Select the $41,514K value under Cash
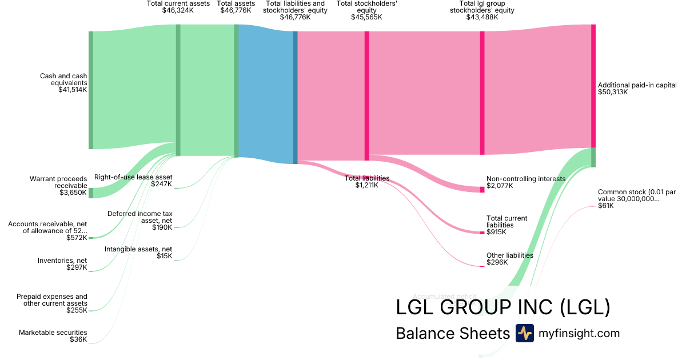click(73, 90)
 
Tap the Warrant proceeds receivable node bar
click(90, 193)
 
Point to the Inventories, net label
click(62, 260)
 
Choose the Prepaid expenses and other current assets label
click(52, 300)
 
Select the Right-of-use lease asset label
click(133, 177)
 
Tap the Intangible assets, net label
click(138, 249)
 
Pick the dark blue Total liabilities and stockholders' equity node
click(296, 97)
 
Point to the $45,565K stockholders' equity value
click(367, 17)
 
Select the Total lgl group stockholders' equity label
click(486, 7)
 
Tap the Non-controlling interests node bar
click(482, 189)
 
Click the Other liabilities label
click(509, 255)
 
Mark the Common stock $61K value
click(605, 206)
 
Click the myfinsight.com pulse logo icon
click(524, 333)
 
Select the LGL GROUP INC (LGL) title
click(503, 307)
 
